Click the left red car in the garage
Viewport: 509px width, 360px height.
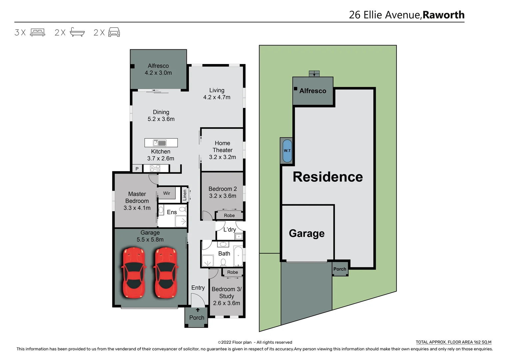pos(134,273)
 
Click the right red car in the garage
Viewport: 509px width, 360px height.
pos(166,273)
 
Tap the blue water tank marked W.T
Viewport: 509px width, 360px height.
pos(287,151)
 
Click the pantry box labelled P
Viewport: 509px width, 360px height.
pos(137,169)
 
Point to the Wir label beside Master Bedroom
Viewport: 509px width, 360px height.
pos(167,193)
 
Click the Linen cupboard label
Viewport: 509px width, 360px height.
pos(185,195)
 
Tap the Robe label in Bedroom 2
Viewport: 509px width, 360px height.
pos(229,216)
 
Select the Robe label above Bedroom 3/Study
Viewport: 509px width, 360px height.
pos(233,272)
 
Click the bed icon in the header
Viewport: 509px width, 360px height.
pos(38,32)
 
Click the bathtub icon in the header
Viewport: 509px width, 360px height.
pos(77,32)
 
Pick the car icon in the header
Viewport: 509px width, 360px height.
pos(114,32)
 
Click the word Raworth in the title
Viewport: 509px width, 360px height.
pos(443,15)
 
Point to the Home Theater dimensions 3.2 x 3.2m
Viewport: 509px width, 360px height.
pos(222,157)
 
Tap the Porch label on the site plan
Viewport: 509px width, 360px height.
pos(340,269)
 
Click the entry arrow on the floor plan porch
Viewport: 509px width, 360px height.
pos(198,310)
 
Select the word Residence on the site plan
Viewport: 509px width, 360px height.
pos(328,177)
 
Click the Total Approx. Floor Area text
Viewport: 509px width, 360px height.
pos(453,342)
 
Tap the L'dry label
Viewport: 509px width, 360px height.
pos(230,230)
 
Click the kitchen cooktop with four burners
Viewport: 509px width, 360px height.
pos(155,168)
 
